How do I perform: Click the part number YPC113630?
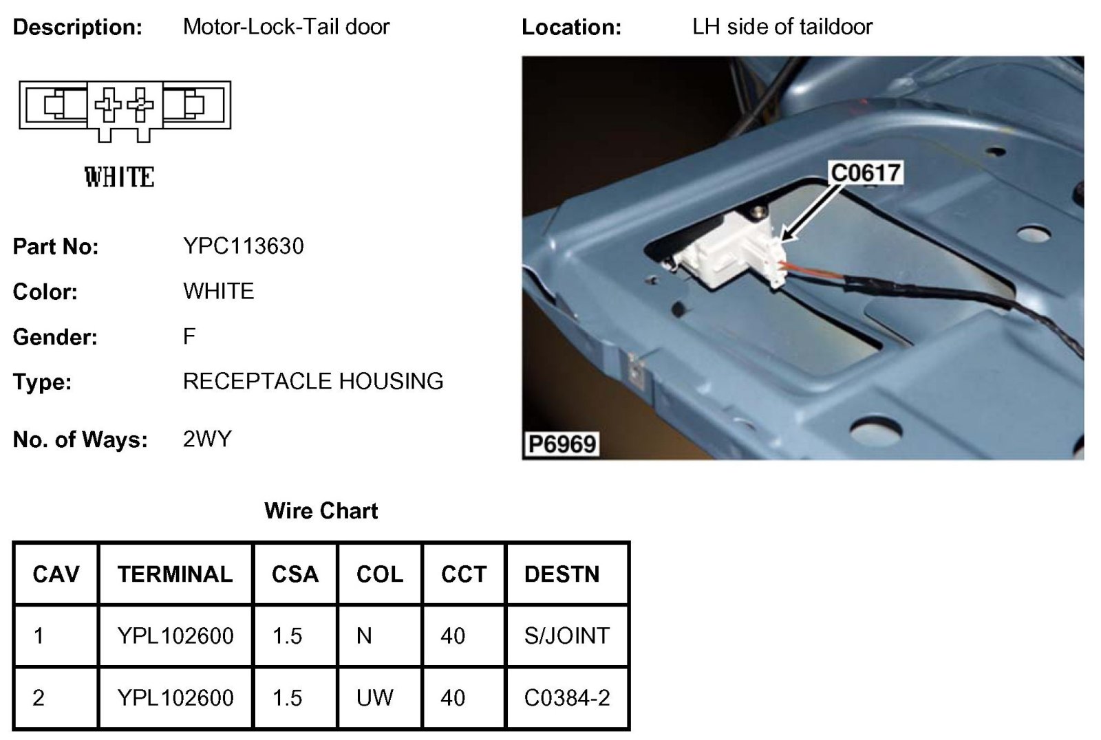[x=243, y=246]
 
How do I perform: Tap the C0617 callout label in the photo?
[x=866, y=172]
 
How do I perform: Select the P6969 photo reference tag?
[x=562, y=444]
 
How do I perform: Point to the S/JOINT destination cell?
[x=566, y=635]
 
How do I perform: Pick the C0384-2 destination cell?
[x=566, y=698]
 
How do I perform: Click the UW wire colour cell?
[x=374, y=698]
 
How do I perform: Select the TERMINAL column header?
[x=175, y=574]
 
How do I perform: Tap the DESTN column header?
[x=562, y=574]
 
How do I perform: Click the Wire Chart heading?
[x=321, y=510]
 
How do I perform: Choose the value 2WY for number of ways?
[x=207, y=439]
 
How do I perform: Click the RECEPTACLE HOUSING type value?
[x=313, y=381]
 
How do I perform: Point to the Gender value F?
[x=189, y=336]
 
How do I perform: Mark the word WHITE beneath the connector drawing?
[x=120, y=177]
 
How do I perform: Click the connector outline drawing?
[x=125, y=108]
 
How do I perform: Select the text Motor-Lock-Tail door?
[x=286, y=27]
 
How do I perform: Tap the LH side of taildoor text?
[x=782, y=27]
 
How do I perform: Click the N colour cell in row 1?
[x=364, y=635]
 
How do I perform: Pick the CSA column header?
[x=295, y=574]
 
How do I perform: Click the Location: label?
[x=571, y=28]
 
